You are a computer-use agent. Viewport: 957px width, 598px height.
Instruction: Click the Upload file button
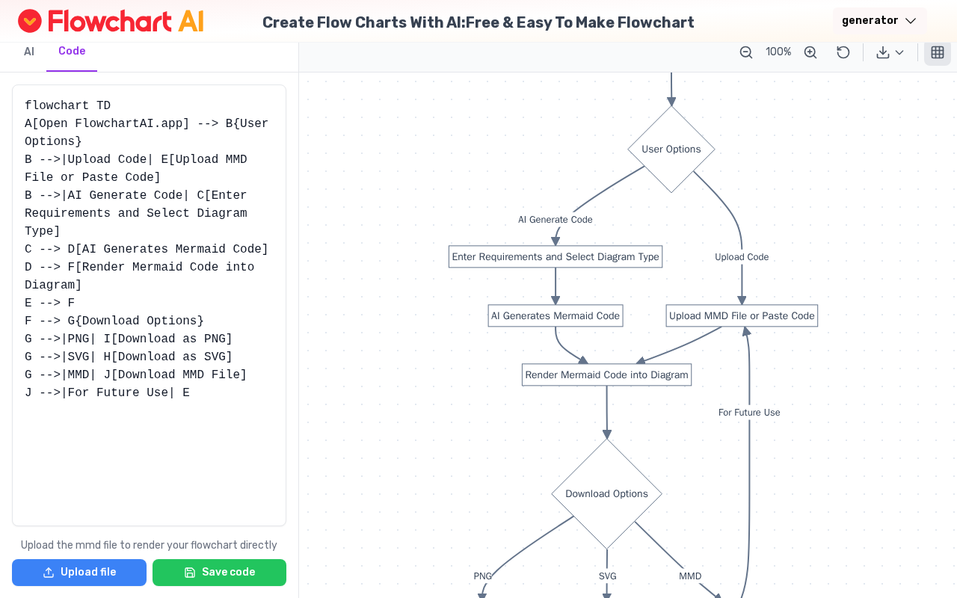[x=79, y=573]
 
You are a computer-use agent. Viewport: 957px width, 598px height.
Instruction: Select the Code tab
[x=72, y=51]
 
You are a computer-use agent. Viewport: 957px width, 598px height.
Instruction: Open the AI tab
[x=29, y=52]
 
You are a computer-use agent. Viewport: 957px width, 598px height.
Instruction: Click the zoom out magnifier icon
[x=746, y=52]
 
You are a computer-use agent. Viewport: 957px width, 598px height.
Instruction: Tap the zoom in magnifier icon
[x=810, y=52]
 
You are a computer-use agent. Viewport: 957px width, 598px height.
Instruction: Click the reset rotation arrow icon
[x=843, y=52]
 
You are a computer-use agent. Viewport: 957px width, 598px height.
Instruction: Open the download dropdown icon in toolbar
[x=890, y=52]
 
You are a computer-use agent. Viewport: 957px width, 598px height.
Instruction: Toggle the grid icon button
[x=938, y=52]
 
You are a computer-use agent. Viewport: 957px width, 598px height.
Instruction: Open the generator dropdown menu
[x=879, y=21]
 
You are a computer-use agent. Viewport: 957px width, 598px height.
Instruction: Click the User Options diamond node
[x=671, y=149]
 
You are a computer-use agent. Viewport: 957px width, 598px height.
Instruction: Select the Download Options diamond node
[x=606, y=493]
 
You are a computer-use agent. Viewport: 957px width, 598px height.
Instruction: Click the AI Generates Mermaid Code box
[x=556, y=315]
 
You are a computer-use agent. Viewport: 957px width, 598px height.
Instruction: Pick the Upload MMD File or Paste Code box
[x=742, y=315]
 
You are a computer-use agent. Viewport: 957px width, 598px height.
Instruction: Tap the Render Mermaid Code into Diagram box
[x=606, y=374]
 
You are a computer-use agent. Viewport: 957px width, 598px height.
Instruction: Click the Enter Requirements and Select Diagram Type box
[x=556, y=256]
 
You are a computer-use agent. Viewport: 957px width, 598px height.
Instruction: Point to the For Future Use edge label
[x=749, y=413]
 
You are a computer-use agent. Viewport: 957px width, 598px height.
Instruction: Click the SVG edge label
[x=607, y=576]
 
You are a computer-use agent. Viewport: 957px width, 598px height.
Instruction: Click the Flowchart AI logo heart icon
[x=30, y=21]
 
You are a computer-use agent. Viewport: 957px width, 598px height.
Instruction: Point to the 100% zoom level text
[x=778, y=52]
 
